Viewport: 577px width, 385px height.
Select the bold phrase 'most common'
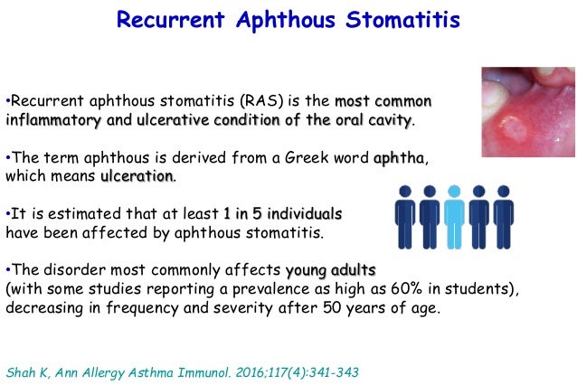383,99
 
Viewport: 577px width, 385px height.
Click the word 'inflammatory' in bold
58,119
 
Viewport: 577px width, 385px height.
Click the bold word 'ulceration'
137,176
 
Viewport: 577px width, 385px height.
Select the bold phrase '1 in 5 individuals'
283,214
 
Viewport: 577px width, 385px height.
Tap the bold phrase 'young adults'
330,271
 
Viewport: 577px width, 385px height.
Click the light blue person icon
453,215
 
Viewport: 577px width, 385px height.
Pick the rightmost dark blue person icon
504,215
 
